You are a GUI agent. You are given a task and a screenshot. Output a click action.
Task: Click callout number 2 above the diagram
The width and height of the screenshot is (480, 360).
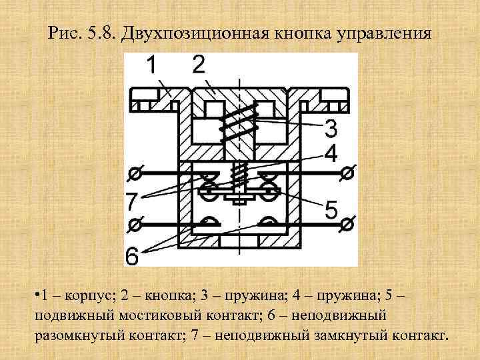198,65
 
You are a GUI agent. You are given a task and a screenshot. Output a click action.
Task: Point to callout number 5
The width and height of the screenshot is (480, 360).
331,209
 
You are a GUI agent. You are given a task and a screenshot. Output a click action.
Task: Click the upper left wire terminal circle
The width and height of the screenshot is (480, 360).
133,174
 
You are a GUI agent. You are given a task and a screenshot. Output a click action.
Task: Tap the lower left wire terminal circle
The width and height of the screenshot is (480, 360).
133,225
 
